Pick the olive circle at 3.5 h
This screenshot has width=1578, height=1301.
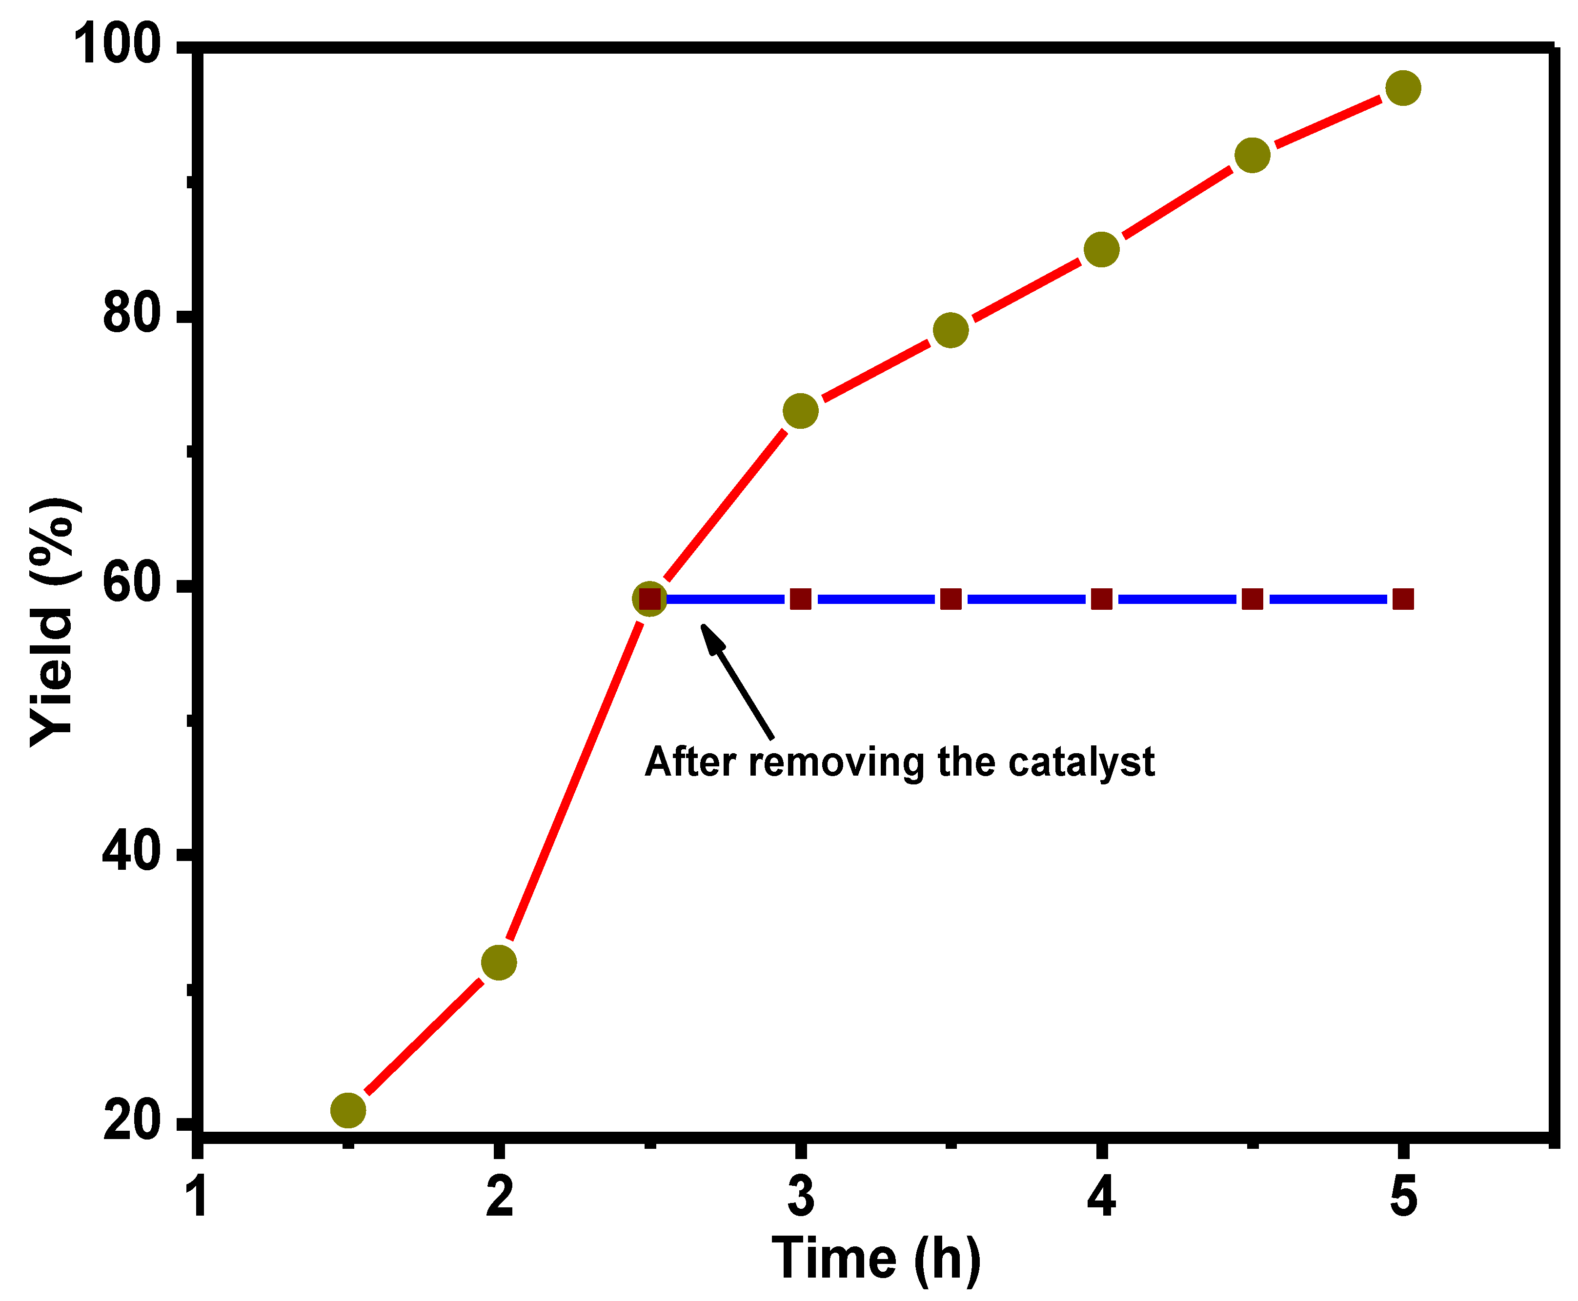[951, 330]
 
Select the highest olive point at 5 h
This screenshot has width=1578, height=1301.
[1402, 88]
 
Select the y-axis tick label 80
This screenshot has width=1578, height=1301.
[131, 313]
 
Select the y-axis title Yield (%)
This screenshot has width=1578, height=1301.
[53, 622]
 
